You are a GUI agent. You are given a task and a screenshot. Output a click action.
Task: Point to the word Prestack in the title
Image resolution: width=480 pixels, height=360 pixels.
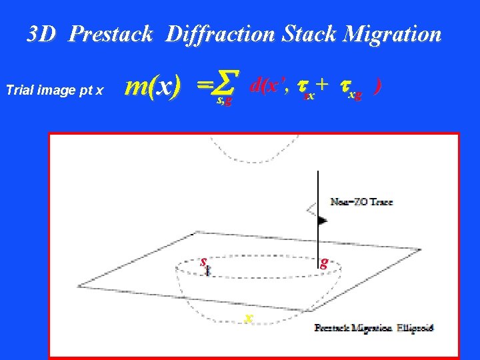point(111,33)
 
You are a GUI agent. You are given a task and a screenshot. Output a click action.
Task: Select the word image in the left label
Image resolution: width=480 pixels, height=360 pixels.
point(52,90)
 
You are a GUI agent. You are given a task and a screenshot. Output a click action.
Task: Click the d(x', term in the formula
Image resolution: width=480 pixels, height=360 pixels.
point(269,85)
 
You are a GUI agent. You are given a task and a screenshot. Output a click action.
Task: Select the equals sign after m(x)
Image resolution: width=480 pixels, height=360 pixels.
point(203,85)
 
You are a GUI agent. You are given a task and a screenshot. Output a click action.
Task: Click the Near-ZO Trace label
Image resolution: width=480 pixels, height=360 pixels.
point(361,201)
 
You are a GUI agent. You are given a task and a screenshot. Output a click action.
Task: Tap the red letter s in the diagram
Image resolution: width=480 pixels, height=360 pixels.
point(203,261)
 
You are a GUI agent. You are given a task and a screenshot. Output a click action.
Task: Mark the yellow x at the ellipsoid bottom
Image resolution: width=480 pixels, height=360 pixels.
point(248,317)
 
